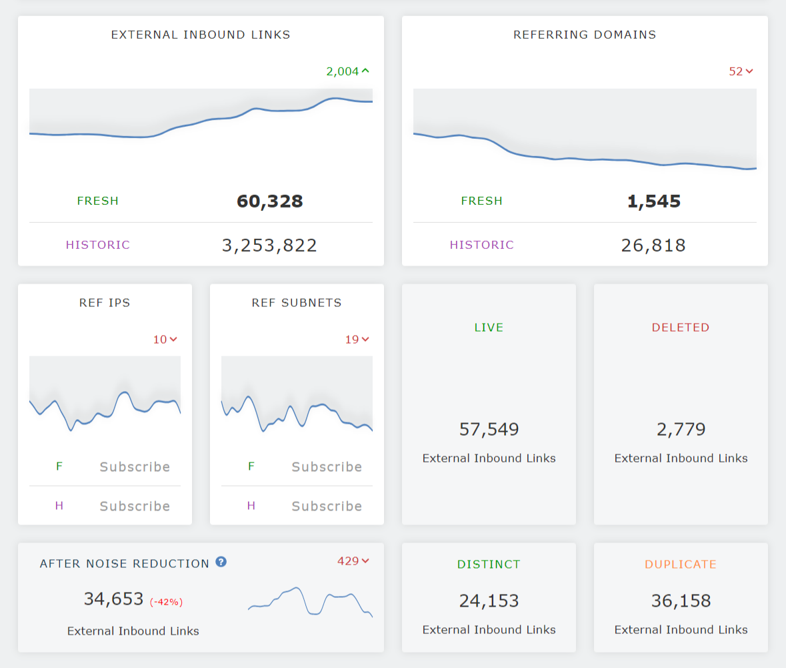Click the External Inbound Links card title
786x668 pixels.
pyautogui.click(x=201, y=35)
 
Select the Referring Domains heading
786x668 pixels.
pyautogui.click(x=585, y=35)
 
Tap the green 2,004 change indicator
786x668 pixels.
pyautogui.click(x=347, y=71)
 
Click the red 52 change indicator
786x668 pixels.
pyautogui.click(x=741, y=71)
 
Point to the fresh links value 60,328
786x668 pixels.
pyautogui.click(x=269, y=201)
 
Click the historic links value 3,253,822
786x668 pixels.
pyautogui.click(x=269, y=245)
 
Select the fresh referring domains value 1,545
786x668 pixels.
pyautogui.click(x=653, y=201)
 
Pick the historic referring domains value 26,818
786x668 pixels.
pyautogui.click(x=653, y=245)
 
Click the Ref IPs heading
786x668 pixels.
pyautogui.click(x=105, y=303)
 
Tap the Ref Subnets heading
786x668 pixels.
pyautogui.click(x=297, y=303)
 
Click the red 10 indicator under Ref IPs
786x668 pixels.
pyautogui.click(x=165, y=340)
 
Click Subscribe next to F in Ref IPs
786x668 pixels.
pyautogui.click(x=135, y=466)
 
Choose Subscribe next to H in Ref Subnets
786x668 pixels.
pyautogui.click(x=327, y=506)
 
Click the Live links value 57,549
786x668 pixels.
pyautogui.click(x=489, y=429)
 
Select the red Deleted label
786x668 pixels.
pyautogui.click(x=681, y=328)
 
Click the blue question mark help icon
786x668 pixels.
pyautogui.click(x=221, y=562)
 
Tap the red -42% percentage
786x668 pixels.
pyautogui.click(x=166, y=602)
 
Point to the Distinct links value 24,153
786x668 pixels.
pyautogui.click(x=489, y=601)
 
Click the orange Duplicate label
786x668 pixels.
pyautogui.click(x=681, y=565)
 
